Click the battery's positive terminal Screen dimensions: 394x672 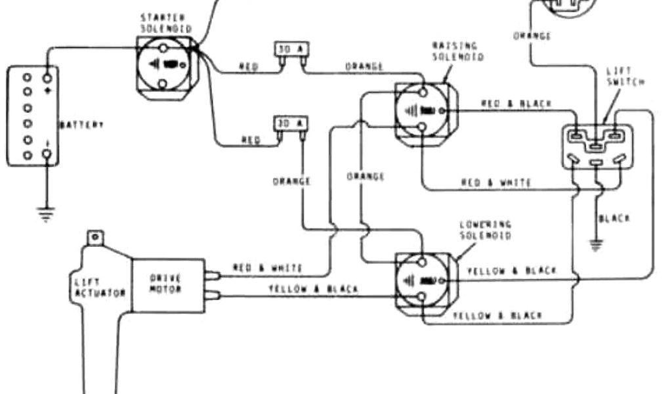point(47,77)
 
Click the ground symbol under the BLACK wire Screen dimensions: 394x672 point(597,245)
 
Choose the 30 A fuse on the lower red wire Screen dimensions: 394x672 point(290,124)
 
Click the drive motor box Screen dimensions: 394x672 point(165,284)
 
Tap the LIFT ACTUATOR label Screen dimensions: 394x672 point(98,288)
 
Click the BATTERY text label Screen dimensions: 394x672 point(81,125)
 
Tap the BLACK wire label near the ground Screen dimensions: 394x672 point(614,218)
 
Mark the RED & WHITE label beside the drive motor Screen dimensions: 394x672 point(267,268)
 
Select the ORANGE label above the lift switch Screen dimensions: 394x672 point(532,35)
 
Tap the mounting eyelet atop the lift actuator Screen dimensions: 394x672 point(96,236)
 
